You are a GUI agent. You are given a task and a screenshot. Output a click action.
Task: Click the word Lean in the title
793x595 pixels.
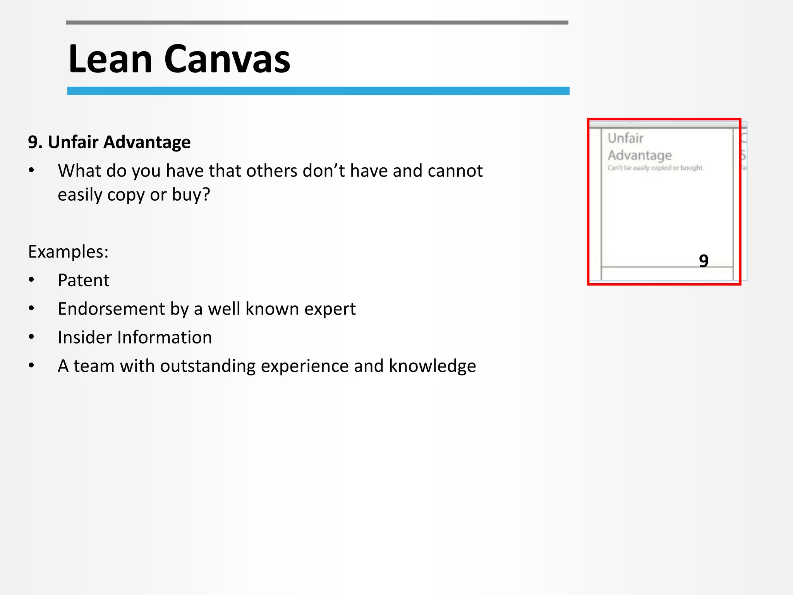tap(110, 59)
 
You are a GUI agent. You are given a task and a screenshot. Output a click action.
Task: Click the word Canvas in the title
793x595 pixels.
tap(227, 59)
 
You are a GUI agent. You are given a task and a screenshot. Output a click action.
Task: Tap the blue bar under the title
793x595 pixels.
tap(318, 91)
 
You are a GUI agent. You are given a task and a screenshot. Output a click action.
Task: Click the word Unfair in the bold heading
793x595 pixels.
tap(73, 142)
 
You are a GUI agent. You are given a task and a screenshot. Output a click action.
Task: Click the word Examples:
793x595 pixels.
tap(68, 252)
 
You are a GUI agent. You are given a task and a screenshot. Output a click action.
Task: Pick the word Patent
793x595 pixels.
tap(83, 280)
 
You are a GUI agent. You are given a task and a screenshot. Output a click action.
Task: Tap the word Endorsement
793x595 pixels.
tap(112, 309)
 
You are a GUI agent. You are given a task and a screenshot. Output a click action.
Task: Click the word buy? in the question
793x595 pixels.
tap(191, 195)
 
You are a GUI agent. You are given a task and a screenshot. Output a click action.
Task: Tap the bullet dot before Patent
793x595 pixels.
tap(31, 280)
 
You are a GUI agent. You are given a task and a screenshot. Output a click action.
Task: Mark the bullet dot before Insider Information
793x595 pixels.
tap(31, 337)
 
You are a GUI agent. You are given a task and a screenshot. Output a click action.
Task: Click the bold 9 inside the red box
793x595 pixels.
tap(704, 261)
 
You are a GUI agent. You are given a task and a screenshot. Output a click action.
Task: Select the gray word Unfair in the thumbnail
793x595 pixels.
tap(625, 138)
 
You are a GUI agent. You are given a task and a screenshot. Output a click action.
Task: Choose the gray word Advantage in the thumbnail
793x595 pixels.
tap(640, 155)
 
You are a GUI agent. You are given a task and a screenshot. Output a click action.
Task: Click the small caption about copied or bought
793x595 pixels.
tap(655, 168)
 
